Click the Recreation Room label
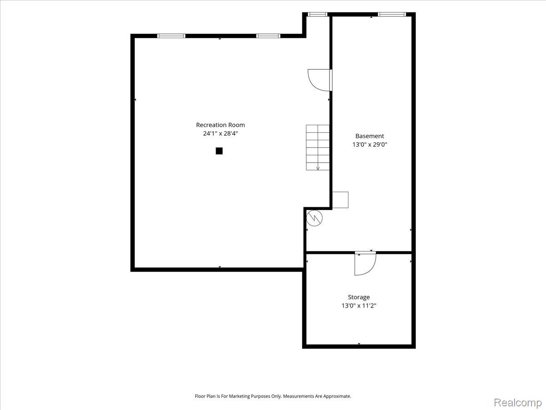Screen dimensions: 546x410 pos(220,125)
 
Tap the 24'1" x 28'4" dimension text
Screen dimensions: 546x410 pos(220,133)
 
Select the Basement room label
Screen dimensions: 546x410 pos(369,136)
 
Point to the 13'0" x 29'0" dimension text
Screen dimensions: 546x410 pos(369,144)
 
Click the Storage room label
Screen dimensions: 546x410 pos(359,297)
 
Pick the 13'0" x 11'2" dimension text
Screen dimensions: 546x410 pos(359,305)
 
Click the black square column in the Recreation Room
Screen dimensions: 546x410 pos(219,151)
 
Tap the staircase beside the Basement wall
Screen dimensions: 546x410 pos(318,147)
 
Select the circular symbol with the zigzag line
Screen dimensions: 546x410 pos(314,218)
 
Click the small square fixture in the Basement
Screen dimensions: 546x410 pos(340,200)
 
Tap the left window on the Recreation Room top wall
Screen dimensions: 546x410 pos(171,36)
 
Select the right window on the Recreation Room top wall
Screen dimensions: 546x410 pos(268,36)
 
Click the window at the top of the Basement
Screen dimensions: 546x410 pos(392,15)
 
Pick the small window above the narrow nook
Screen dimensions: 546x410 pos(318,15)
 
